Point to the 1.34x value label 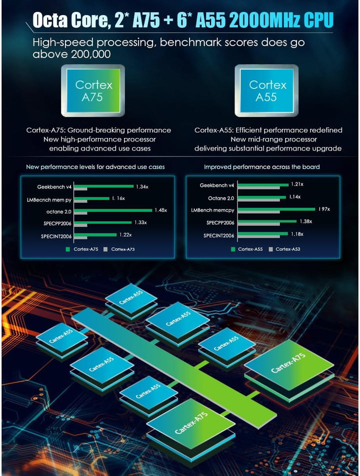(x=141, y=186)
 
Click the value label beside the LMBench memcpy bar (x=324, y=209)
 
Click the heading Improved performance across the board (x=261, y=166)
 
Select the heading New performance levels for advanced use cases (x=95, y=166)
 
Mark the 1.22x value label (x=125, y=234)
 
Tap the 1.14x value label (x=294, y=197)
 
